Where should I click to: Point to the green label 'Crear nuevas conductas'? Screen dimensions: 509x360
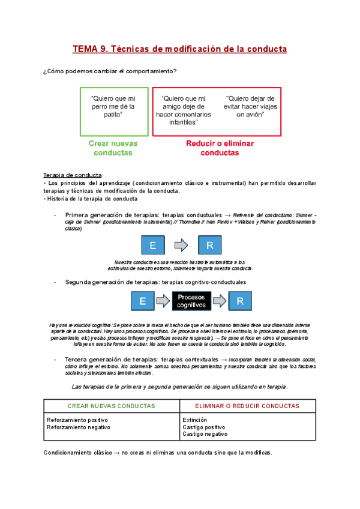pyautogui.click(x=113, y=148)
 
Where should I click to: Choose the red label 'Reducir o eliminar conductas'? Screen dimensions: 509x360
pyautogui.click(x=220, y=148)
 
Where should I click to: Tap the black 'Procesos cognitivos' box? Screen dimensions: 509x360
pyautogui.click(x=191, y=301)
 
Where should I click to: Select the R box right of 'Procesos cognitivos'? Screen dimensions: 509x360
pyautogui.click(x=240, y=301)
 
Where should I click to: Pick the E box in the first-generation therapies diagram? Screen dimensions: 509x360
pyautogui.click(x=152, y=245)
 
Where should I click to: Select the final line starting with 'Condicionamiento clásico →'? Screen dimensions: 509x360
pyautogui.click(x=158, y=453)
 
